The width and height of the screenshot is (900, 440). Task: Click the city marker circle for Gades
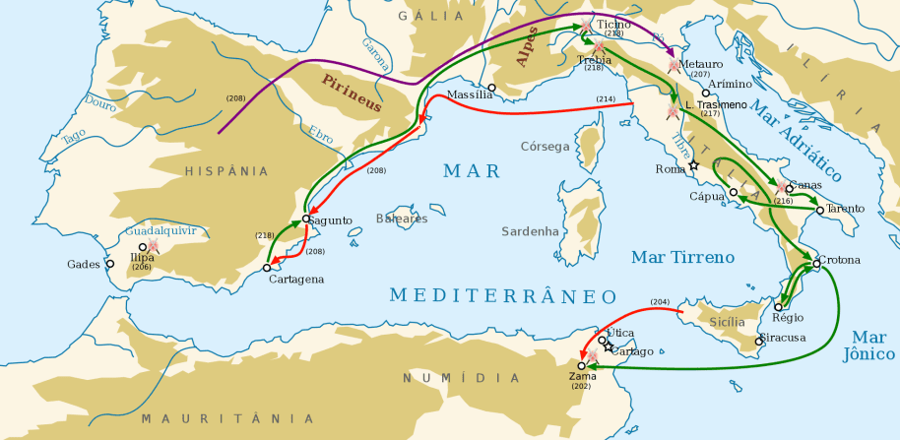point(110,264)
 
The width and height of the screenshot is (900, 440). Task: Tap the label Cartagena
point(295,280)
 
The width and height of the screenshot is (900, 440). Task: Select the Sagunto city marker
point(307,219)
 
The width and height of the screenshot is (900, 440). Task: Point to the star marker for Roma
point(693,165)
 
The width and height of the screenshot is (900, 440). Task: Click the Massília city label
point(469,95)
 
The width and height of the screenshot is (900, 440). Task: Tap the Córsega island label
point(545,147)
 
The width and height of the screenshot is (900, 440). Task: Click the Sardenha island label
point(531,231)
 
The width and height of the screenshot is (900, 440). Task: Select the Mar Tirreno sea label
point(682,257)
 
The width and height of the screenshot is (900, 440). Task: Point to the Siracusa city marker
point(758,342)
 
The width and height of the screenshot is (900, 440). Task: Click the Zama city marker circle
point(582,365)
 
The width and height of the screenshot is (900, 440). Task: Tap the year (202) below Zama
point(582,386)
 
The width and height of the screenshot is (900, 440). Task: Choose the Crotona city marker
point(816,263)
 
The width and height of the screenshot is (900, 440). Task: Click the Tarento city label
point(846,209)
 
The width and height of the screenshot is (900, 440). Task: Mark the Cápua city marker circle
point(734,192)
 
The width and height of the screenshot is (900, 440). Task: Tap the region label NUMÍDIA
point(461,379)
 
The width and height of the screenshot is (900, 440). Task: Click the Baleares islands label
point(402,219)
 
